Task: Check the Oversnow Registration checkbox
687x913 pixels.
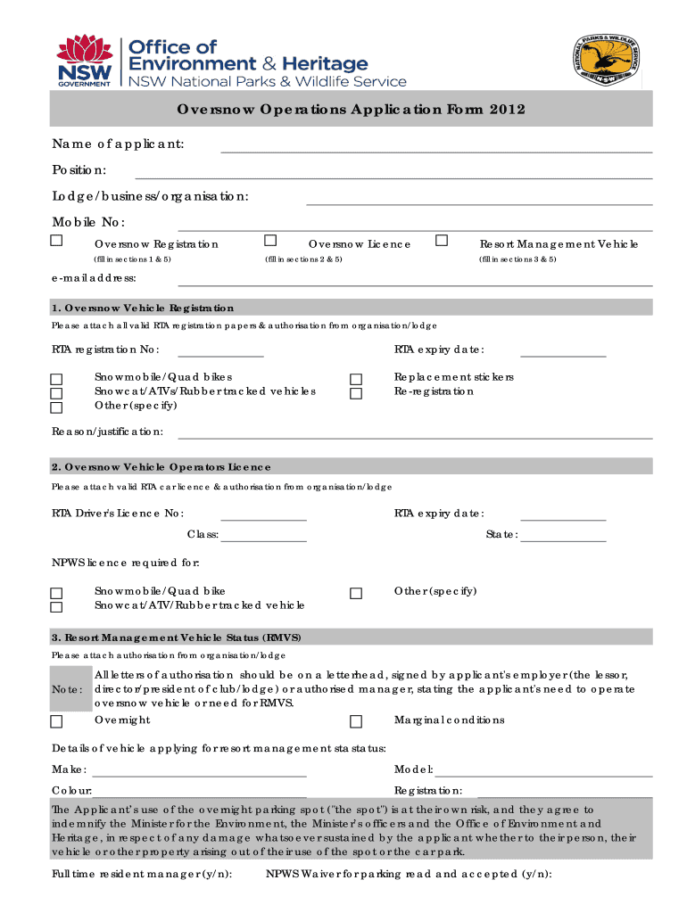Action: click(x=56, y=241)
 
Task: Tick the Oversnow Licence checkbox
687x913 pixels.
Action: click(x=270, y=241)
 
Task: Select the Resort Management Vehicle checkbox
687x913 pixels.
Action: click(x=441, y=241)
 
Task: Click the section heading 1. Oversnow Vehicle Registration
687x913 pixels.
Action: click(x=143, y=308)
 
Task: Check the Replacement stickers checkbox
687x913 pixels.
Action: click(x=356, y=379)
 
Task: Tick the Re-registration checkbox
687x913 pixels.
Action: click(x=356, y=393)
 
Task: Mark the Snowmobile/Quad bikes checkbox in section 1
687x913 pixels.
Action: click(x=56, y=379)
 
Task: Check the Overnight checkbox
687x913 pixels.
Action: click(x=56, y=721)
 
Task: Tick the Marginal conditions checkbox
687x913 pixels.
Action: click(x=356, y=721)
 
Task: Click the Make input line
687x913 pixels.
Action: click(x=200, y=771)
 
